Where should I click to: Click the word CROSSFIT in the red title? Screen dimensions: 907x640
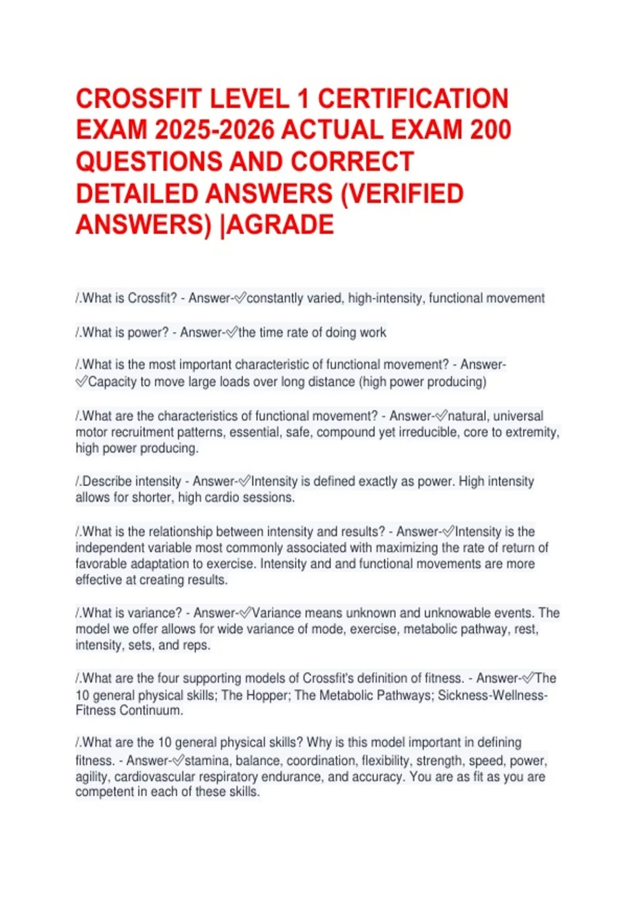[x=138, y=99]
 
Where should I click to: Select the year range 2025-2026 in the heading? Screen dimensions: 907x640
[x=211, y=130]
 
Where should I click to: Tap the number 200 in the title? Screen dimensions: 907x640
[x=490, y=130]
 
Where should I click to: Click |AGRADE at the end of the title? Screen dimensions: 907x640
[x=277, y=225]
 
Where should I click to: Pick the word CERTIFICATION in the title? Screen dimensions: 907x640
[x=413, y=99]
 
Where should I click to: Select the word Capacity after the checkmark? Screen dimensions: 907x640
[x=112, y=382]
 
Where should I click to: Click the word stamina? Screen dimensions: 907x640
[x=207, y=761]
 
